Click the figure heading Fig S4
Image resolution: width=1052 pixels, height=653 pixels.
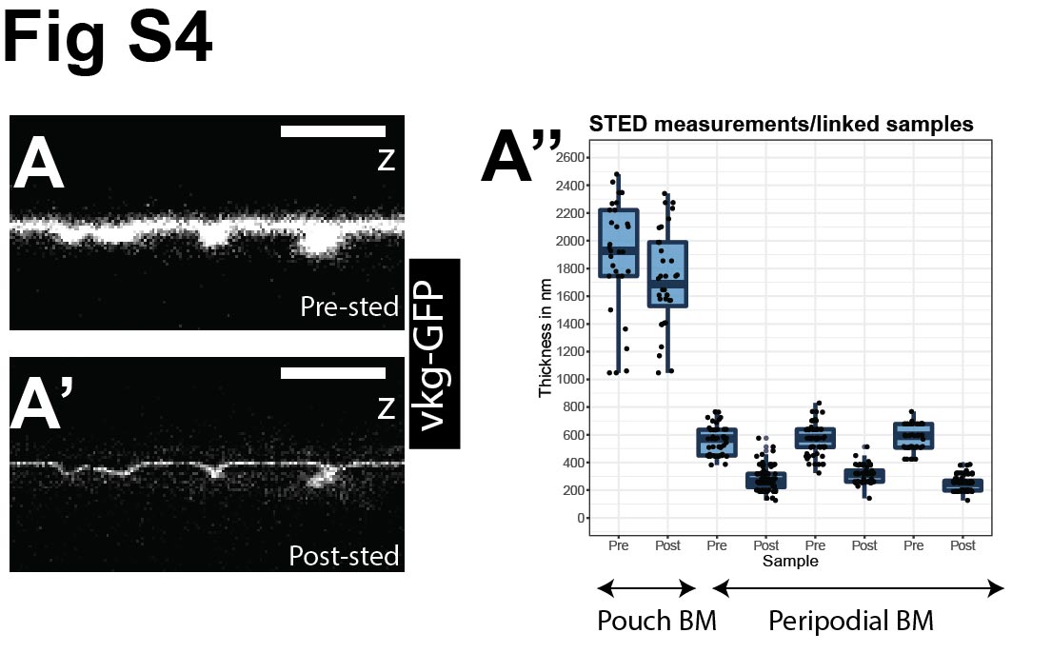(x=107, y=40)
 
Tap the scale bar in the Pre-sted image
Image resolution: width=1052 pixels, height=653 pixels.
(x=333, y=131)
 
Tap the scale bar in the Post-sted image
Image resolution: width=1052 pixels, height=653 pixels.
(x=333, y=373)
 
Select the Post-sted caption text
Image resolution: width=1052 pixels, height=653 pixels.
(x=345, y=554)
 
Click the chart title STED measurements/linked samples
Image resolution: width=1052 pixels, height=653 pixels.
(x=781, y=124)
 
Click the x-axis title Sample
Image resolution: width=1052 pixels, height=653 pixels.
(x=790, y=562)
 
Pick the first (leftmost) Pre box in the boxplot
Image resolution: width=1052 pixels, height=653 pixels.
(x=619, y=243)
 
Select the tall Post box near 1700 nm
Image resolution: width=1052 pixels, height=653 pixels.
(x=668, y=273)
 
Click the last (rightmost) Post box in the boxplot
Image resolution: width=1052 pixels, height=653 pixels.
(x=963, y=485)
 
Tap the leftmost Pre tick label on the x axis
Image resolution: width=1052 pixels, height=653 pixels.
(x=619, y=546)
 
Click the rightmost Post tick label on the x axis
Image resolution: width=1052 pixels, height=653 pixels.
(x=963, y=546)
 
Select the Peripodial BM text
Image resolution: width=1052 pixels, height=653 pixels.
(x=850, y=622)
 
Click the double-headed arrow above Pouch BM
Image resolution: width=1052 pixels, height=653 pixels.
(x=645, y=589)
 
